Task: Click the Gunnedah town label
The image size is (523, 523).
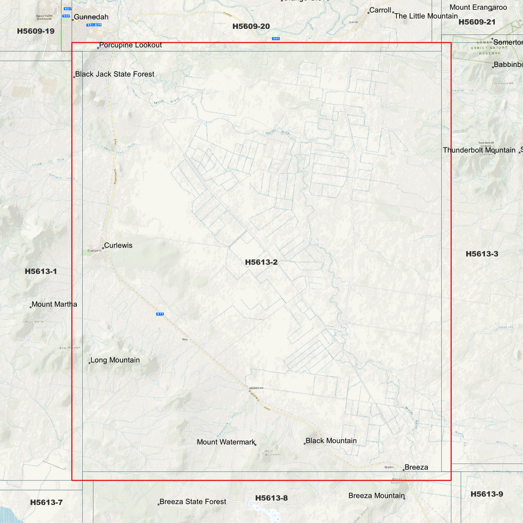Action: pyautogui.click(x=91, y=17)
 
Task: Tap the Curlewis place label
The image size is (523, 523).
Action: pyautogui.click(x=118, y=245)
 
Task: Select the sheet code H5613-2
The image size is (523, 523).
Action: pyautogui.click(x=261, y=262)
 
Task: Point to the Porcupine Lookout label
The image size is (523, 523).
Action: pyautogui.click(x=130, y=45)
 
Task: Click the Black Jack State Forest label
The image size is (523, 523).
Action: pyautogui.click(x=114, y=74)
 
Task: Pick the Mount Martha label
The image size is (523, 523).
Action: pyautogui.click(x=54, y=304)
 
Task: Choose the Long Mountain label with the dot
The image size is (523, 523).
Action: pyautogui.click(x=115, y=360)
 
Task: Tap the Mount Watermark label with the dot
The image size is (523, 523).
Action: pyautogui.click(x=226, y=442)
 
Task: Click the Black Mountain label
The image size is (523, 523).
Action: pyautogui.click(x=331, y=441)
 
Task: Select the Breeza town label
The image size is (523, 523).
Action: pyautogui.click(x=416, y=467)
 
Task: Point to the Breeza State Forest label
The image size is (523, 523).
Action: pyautogui.click(x=193, y=502)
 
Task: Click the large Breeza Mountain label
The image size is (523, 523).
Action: pyautogui.click(x=376, y=496)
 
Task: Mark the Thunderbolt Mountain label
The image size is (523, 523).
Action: pyautogui.click(x=479, y=150)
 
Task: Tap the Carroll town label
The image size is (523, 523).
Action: pyautogui.click(x=380, y=10)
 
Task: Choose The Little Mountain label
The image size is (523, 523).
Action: pyautogui.click(x=426, y=16)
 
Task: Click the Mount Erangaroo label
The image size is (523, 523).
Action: pyautogui.click(x=478, y=8)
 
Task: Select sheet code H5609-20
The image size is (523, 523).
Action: pyautogui.click(x=251, y=26)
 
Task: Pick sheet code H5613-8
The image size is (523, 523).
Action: pyautogui.click(x=271, y=498)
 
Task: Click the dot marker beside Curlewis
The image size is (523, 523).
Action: pyautogui.click(x=103, y=248)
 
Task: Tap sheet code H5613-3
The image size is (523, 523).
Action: pyautogui.click(x=482, y=254)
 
